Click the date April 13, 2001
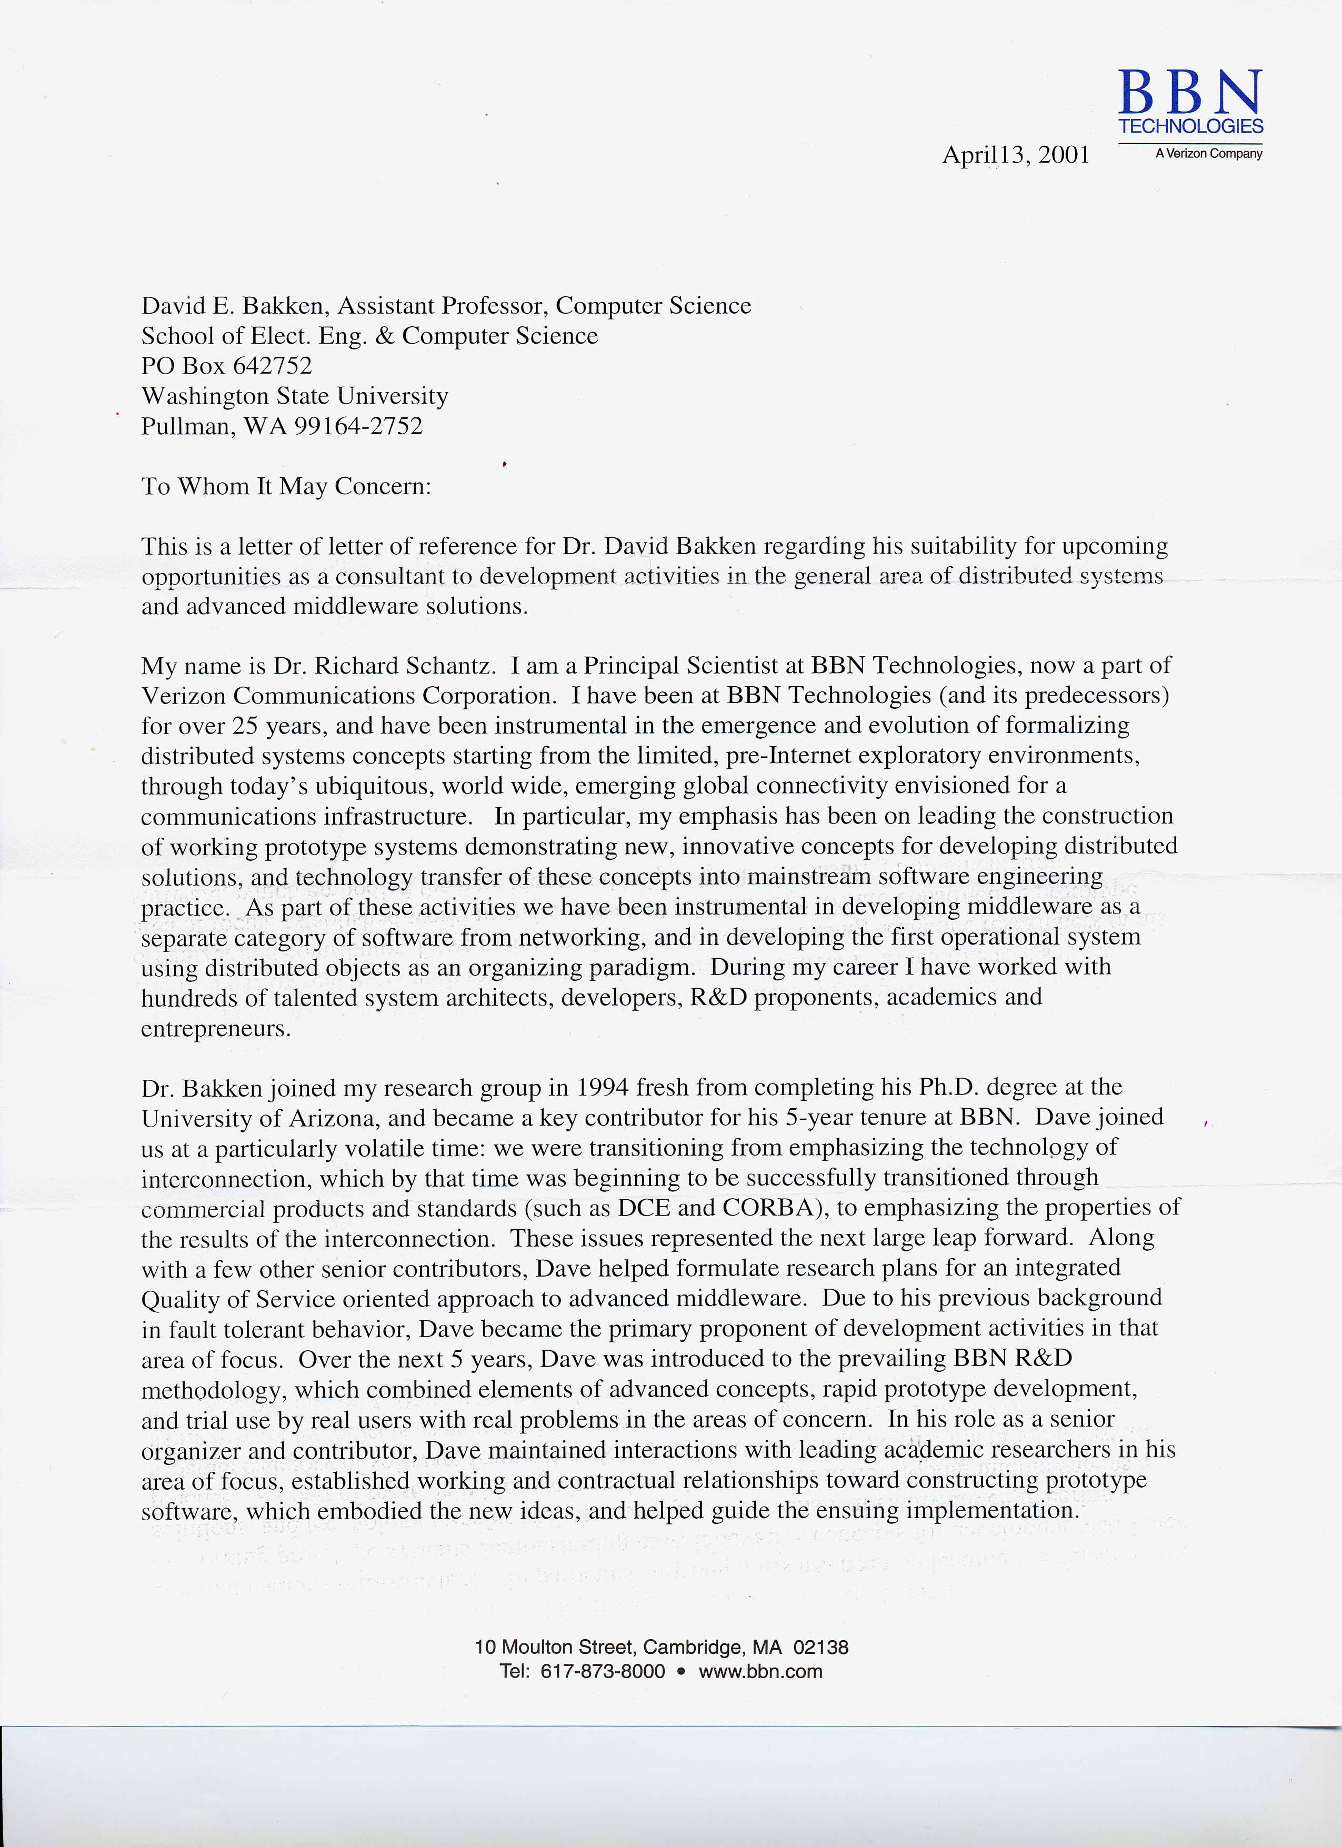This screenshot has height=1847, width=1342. click(1016, 155)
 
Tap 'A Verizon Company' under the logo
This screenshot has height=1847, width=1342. click(1208, 154)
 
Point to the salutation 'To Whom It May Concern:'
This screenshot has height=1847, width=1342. click(286, 486)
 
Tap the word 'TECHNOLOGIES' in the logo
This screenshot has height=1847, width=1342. click(1190, 126)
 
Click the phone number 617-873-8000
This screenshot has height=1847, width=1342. click(603, 1672)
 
